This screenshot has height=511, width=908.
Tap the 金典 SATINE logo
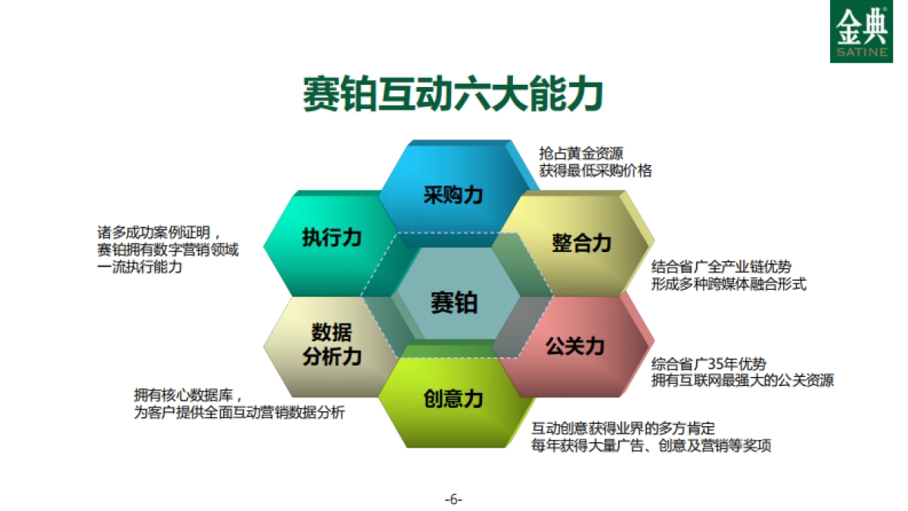(x=861, y=32)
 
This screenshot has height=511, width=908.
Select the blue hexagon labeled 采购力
(x=452, y=195)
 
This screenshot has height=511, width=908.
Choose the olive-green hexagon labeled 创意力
(x=452, y=398)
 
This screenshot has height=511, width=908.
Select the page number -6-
(x=453, y=500)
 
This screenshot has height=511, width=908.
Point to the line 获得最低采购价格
(x=595, y=170)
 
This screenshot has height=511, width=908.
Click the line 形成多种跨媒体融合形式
(x=729, y=285)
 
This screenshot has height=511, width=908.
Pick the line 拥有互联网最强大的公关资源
(x=742, y=381)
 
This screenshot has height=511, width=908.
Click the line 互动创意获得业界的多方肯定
(x=623, y=428)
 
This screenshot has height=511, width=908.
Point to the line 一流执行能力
(x=139, y=267)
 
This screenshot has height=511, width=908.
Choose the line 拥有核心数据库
(x=188, y=394)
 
